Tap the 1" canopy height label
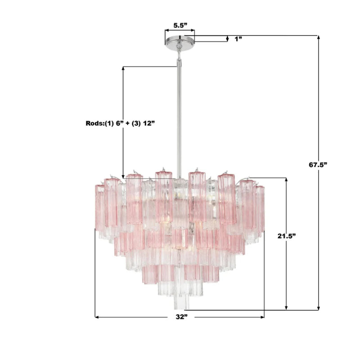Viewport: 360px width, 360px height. pos(238,39)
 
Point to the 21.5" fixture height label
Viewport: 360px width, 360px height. pos(286,235)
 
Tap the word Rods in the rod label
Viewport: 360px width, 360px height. pos(94,123)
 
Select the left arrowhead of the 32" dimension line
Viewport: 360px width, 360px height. pos(97,317)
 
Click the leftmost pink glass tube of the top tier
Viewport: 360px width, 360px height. pos(99,207)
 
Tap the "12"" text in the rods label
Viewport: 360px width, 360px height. pos(150,123)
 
